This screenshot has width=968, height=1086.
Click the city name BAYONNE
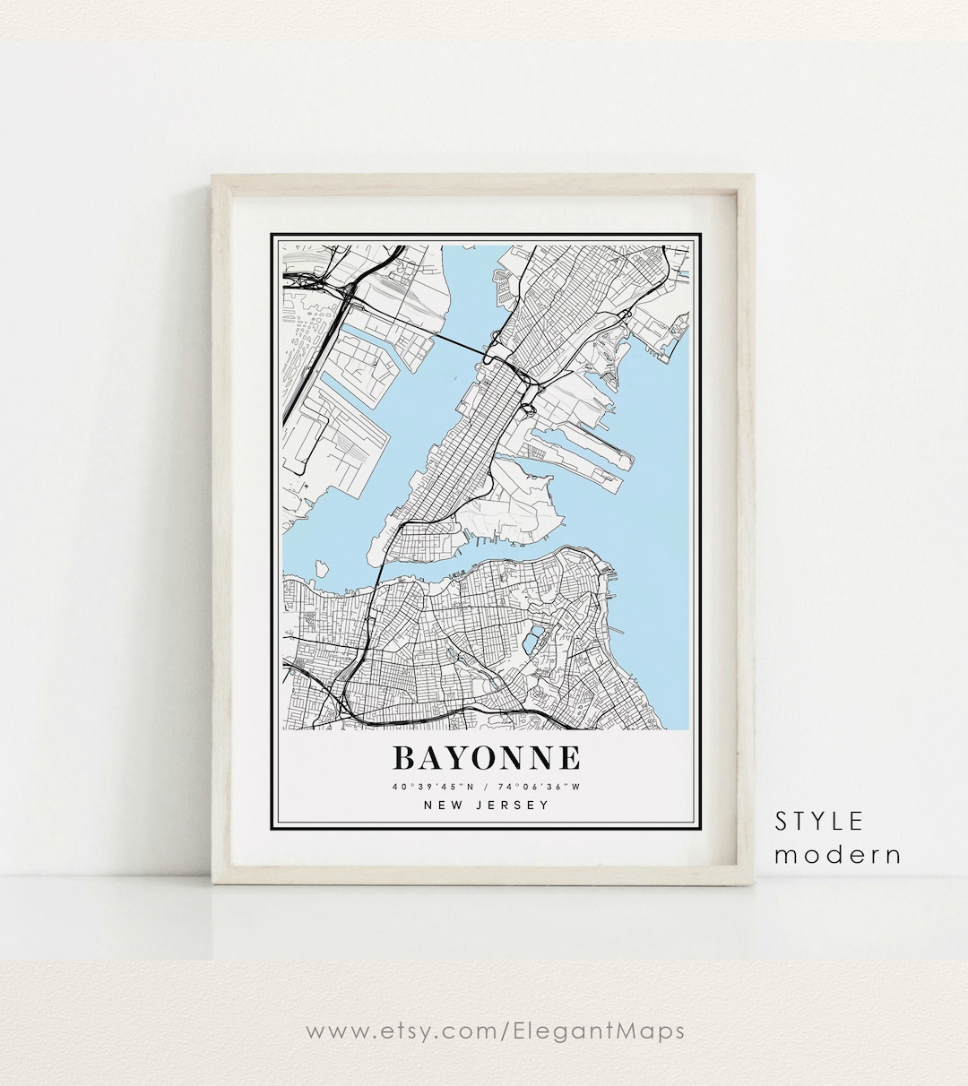[x=486, y=758]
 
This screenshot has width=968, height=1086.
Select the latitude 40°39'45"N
[x=432, y=788]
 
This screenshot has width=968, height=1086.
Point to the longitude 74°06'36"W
[x=540, y=788]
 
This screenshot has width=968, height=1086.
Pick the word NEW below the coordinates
[x=444, y=805]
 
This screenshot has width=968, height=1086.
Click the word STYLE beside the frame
[x=819, y=821]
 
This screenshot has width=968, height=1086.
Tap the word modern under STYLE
[x=837, y=854]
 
